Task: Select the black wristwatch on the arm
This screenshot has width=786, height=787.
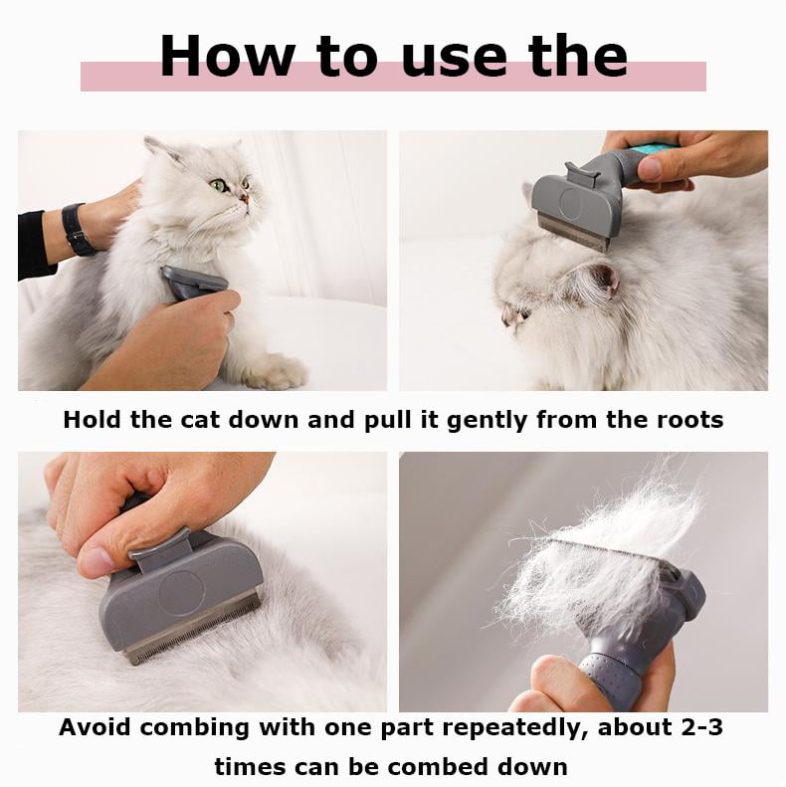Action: click(x=78, y=230)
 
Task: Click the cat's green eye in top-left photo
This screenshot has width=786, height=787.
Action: click(x=217, y=185)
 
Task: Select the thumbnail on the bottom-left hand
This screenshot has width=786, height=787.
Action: click(x=98, y=562)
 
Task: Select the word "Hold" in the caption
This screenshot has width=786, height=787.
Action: click(x=94, y=419)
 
